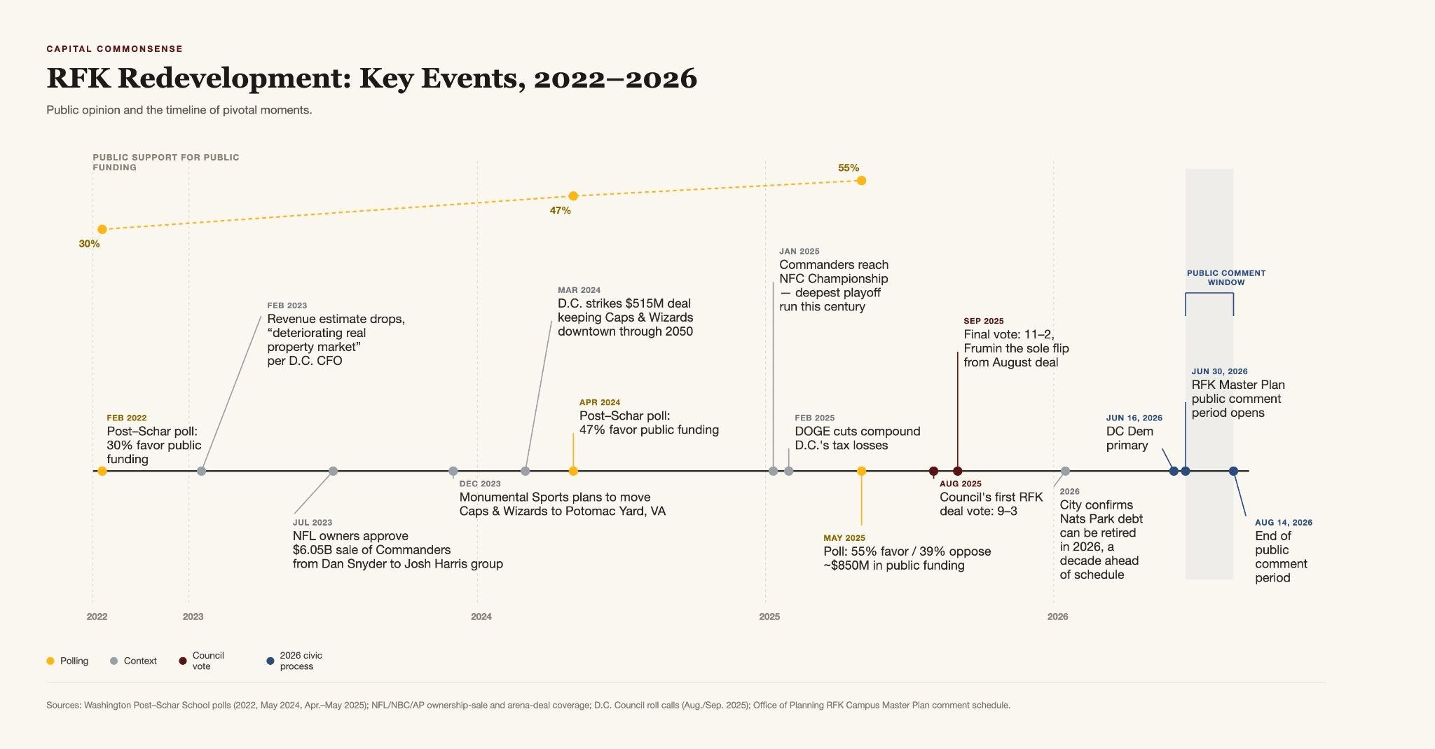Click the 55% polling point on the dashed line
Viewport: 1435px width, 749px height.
(x=861, y=181)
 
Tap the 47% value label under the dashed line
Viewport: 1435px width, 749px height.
(x=560, y=210)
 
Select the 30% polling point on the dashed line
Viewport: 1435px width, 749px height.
(x=102, y=229)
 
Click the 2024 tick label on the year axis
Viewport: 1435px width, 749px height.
(x=481, y=617)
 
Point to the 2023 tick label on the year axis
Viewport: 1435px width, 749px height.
(x=193, y=617)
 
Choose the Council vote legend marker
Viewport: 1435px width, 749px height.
(x=183, y=661)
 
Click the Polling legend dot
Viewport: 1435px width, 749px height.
(x=50, y=661)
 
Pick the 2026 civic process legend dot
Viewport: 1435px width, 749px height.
(x=270, y=661)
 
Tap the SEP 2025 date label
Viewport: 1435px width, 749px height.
(x=984, y=321)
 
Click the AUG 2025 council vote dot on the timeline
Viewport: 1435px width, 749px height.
(x=933, y=471)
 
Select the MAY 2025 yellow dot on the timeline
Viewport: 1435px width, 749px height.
(x=861, y=471)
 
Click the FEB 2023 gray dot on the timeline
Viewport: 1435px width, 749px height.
(x=202, y=471)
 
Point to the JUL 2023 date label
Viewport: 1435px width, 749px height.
(x=313, y=523)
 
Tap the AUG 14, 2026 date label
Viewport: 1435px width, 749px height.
(x=1284, y=523)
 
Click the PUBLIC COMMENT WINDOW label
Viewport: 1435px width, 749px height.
(x=1226, y=277)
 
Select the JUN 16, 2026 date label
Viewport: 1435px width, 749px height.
(x=1134, y=418)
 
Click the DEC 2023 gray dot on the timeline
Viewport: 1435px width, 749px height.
(x=453, y=471)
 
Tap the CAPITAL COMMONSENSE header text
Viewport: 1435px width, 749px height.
(x=115, y=49)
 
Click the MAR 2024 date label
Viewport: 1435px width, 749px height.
(x=579, y=290)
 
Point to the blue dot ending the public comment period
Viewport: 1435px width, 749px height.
(x=1234, y=471)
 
